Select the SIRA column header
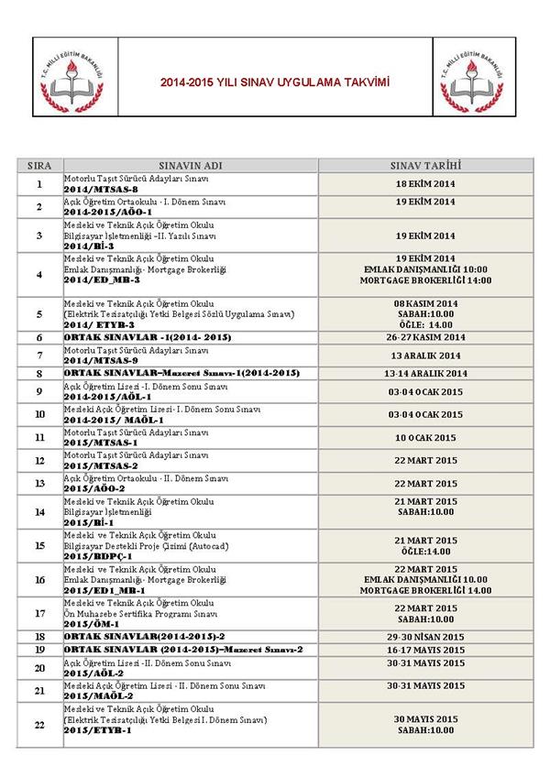(x=39, y=165)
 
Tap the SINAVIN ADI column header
(x=191, y=165)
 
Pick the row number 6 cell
(x=39, y=337)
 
